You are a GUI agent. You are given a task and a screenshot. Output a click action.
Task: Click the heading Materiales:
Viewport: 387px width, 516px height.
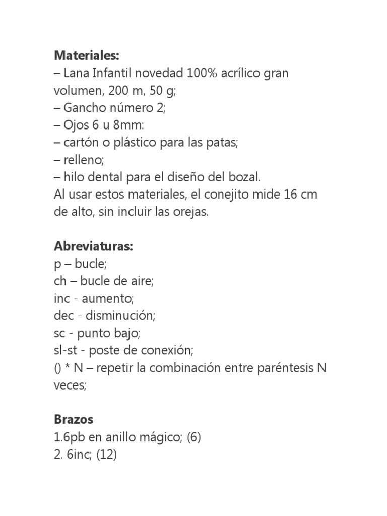click(x=86, y=54)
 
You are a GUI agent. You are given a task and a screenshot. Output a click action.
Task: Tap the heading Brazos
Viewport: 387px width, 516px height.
click(x=74, y=419)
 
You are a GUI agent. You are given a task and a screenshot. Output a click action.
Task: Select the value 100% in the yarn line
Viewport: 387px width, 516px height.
click(x=202, y=74)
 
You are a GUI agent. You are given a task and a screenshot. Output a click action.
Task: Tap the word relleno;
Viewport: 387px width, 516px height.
click(x=83, y=160)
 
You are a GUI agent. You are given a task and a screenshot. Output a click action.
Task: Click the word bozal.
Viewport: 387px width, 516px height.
click(x=243, y=177)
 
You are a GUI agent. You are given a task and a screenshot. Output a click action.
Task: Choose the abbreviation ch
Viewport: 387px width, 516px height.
click(x=60, y=281)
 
